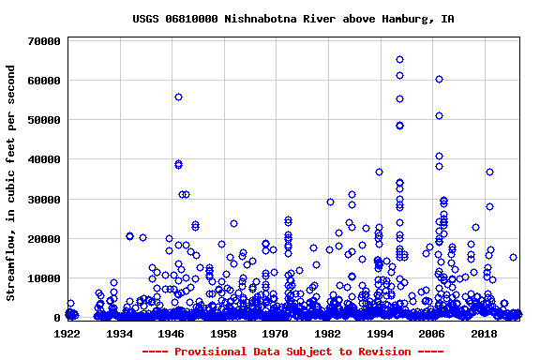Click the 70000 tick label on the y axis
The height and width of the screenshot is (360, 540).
point(44,41)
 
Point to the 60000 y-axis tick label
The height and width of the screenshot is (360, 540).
point(44,81)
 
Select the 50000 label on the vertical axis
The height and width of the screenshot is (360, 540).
point(44,120)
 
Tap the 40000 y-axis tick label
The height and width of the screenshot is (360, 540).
point(44,160)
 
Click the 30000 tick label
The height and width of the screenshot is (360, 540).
point(44,200)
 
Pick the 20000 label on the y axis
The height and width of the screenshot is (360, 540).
point(44,239)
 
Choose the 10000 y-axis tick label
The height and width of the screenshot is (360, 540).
point(44,278)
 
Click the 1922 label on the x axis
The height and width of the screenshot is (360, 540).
point(67,333)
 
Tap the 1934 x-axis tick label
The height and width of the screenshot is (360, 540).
point(120,333)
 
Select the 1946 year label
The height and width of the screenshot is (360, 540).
point(172,333)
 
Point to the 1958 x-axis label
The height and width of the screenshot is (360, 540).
point(223,333)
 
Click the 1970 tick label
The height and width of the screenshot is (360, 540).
point(276,333)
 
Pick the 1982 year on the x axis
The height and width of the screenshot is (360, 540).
point(327,333)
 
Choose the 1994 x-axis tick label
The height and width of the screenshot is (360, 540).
point(380,333)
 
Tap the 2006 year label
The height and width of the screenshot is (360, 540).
point(431,333)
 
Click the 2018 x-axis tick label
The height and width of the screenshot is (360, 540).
point(484,333)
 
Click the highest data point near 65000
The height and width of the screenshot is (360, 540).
point(399,60)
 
